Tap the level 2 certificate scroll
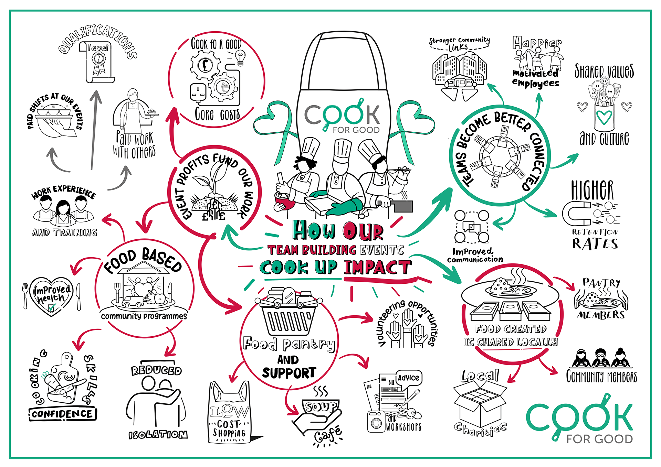point(98,62)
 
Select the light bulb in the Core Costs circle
point(240,57)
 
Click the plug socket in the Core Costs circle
point(198,92)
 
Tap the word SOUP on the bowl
point(321,407)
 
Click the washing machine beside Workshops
point(376,421)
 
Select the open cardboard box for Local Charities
point(480,403)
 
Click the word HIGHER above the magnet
point(592,190)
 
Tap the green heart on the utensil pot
point(604,118)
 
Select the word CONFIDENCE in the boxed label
point(62,414)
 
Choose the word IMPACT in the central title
point(377,268)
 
